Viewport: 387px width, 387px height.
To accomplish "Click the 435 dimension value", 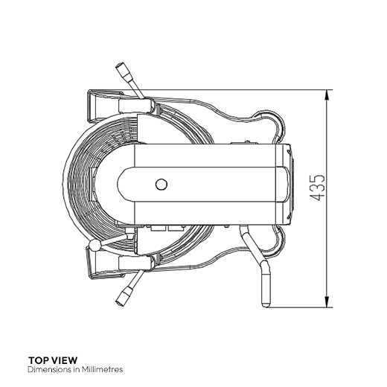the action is tap(317, 188).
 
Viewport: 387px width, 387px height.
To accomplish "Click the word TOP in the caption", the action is tap(38, 360).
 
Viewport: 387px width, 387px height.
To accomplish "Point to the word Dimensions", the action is tap(49, 369).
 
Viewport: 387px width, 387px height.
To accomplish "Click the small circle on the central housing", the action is tap(161, 185).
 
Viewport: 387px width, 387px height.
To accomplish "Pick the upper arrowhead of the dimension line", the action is tap(327, 95).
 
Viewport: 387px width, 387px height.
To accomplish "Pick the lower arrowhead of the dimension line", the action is tap(327, 302).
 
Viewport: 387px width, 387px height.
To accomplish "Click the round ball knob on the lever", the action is tap(95, 246).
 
